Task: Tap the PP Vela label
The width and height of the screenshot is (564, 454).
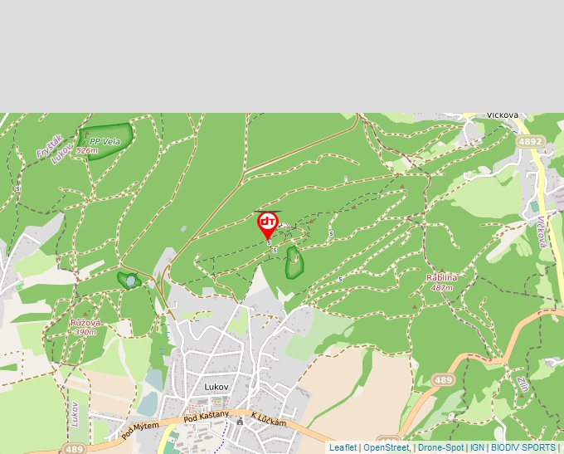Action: [105, 142]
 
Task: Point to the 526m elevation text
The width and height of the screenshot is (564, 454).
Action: [87, 151]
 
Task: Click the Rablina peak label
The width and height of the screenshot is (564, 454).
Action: [441, 277]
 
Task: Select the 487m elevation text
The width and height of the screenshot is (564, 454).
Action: [441, 287]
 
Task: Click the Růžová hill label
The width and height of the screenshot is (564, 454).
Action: [85, 322]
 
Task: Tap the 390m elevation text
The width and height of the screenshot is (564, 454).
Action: [84, 332]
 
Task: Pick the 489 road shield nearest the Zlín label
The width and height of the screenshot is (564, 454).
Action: [444, 380]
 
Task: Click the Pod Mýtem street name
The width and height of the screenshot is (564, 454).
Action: [139, 430]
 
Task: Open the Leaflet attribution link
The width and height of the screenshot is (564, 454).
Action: [343, 447]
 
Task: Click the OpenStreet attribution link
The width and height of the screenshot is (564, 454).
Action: [387, 447]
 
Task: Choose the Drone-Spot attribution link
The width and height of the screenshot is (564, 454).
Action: [440, 447]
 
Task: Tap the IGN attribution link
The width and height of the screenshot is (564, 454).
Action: [477, 447]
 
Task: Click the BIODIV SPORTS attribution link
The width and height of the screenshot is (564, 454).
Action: [523, 447]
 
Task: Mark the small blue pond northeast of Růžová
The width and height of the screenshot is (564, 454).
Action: [130, 281]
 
